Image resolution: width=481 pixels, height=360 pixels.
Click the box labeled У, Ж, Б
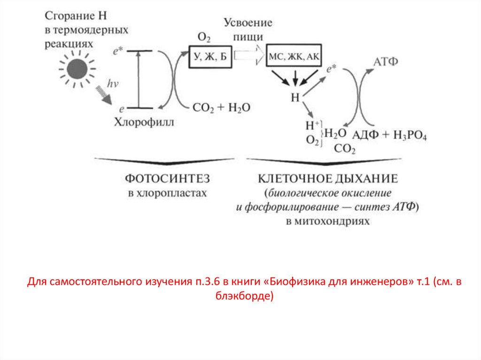point(210,57)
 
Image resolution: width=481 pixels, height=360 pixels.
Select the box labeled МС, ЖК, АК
point(294,57)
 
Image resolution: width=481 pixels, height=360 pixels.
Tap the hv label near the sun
point(112,84)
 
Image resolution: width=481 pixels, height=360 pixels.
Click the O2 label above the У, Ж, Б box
point(204,37)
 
